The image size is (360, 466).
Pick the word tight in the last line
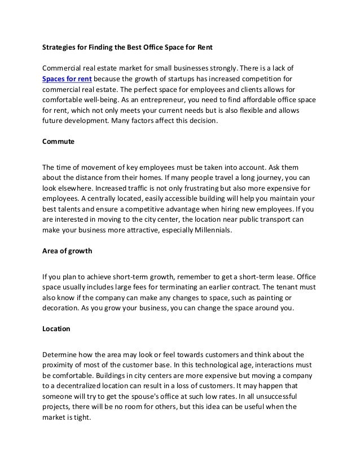(85, 418)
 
